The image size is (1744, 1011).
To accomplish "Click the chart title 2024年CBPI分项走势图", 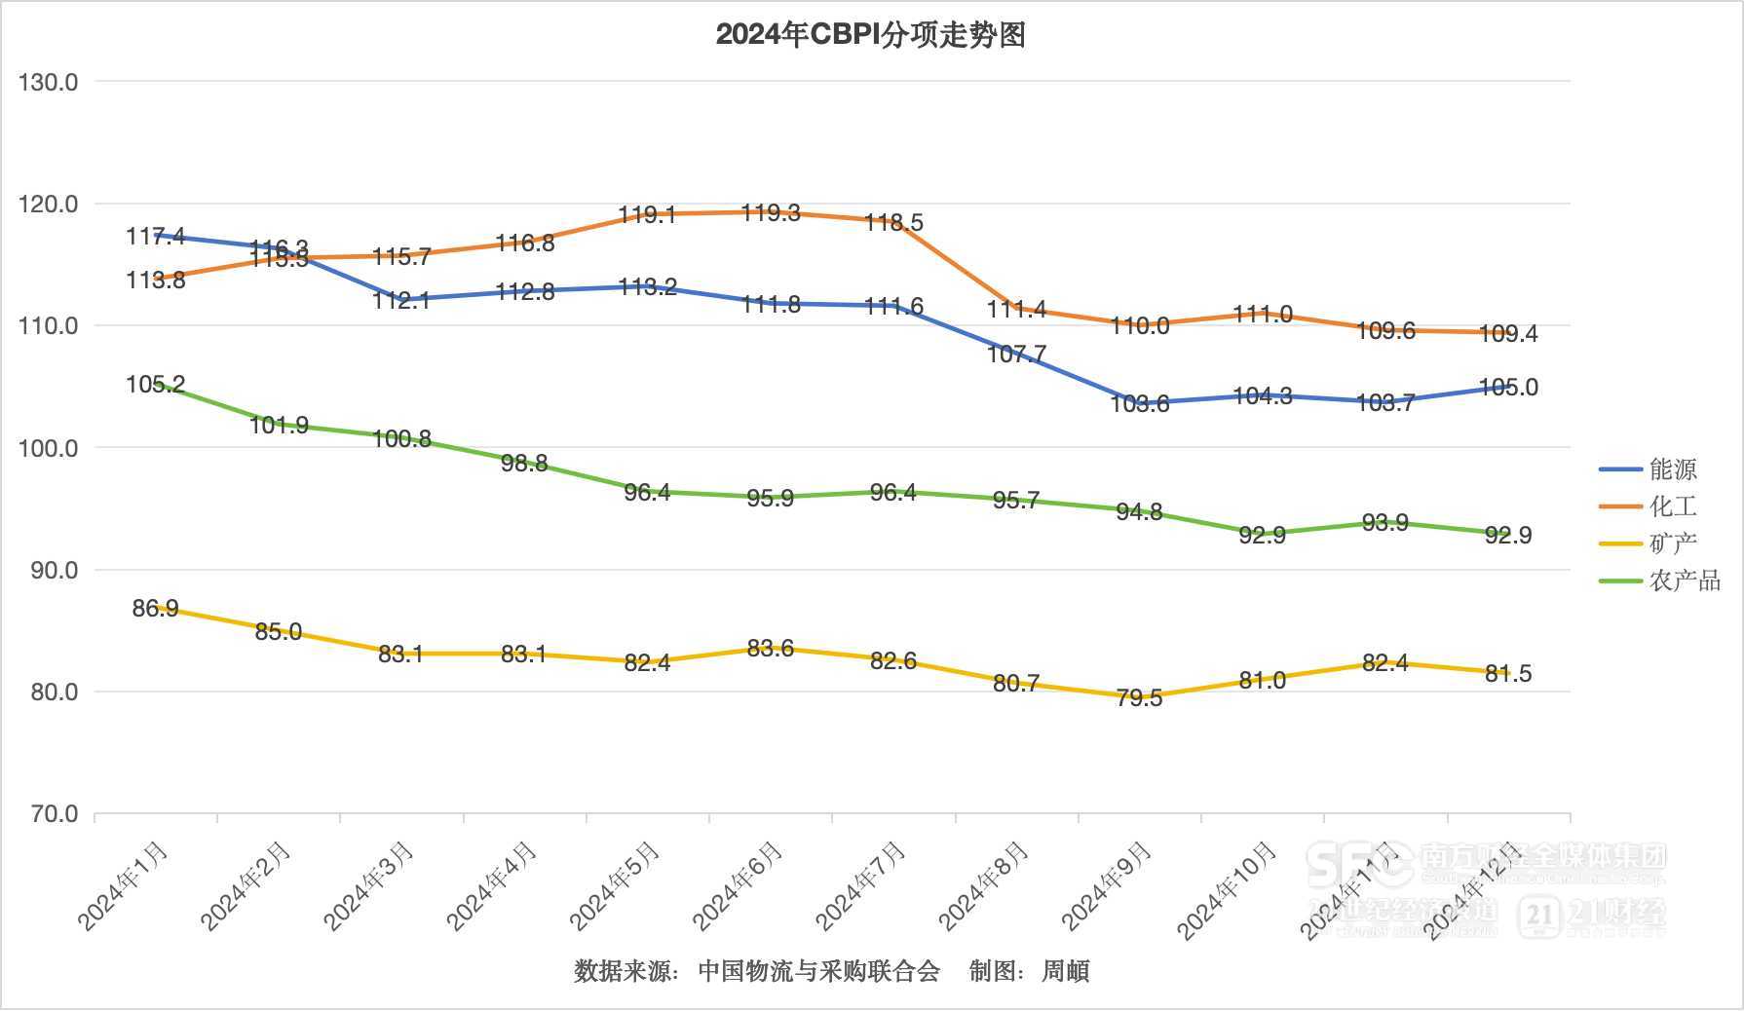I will [870, 35].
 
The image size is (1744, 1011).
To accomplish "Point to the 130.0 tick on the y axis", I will [48, 83].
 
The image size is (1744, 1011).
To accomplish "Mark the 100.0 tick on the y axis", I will [48, 449].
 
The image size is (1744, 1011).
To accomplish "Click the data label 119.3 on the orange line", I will [771, 212].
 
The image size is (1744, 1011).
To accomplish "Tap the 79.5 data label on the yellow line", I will [1139, 698].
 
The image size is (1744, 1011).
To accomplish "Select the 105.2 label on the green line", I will [155, 385].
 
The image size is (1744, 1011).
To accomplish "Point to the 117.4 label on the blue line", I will [155, 237].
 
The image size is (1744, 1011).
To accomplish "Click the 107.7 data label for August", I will [1016, 355].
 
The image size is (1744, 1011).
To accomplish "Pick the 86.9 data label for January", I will [155, 609].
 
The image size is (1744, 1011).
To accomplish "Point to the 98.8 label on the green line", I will [524, 464].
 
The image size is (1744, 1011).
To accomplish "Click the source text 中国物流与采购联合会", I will [818, 971].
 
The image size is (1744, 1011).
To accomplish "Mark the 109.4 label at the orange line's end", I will [1508, 334].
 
